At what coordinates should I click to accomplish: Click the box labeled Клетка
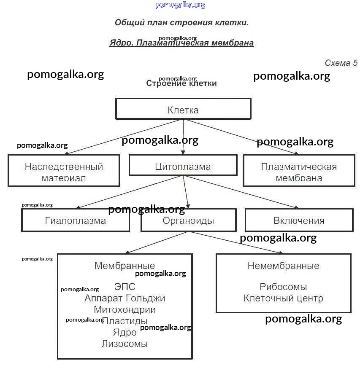click(x=183, y=110)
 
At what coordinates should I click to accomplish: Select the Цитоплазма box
click(x=183, y=166)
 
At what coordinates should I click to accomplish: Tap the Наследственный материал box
click(x=64, y=171)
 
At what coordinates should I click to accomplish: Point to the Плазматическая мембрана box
click(x=299, y=171)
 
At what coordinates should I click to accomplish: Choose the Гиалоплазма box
click(x=76, y=220)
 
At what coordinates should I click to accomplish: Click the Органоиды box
click(x=188, y=220)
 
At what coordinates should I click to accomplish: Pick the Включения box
click(x=299, y=220)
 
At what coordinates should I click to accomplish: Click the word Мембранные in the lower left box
click(x=125, y=266)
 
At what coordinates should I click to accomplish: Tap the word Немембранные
click(x=283, y=266)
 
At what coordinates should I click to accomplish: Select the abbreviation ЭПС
click(x=125, y=287)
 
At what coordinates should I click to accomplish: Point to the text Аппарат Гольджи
click(x=125, y=298)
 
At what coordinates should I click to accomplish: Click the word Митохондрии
click(x=125, y=309)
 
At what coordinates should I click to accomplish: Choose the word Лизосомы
click(x=125, y=344)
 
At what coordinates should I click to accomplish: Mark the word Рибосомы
click(x=283, y=287)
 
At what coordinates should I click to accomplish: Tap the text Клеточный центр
click(x=283, y=298)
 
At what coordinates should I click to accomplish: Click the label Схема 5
click(x=341, y=63)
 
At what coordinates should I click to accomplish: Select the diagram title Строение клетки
click(x=181, y=83)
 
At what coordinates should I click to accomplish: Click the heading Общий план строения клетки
click(x=181, y=22)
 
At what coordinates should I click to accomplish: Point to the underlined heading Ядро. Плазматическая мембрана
click(x=181, y=43)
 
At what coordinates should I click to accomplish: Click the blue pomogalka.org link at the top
click(x=180, y=5)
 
